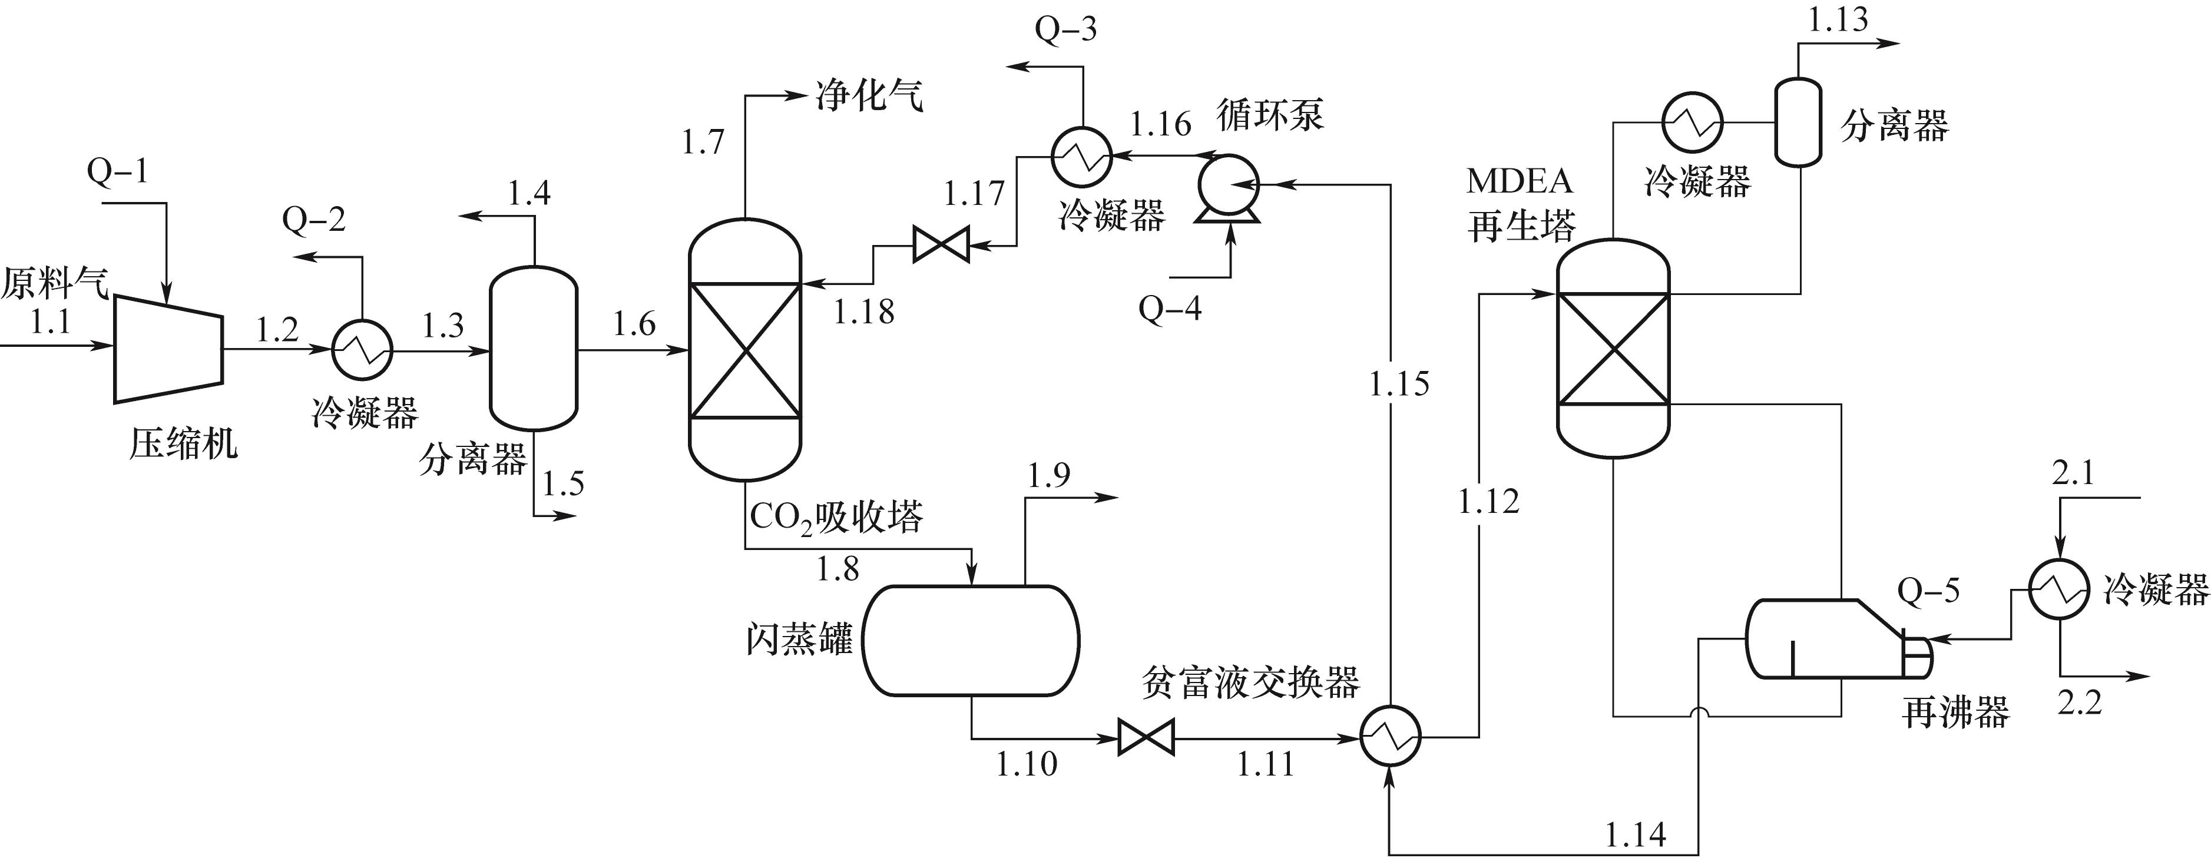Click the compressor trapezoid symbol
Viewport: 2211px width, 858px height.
[x=169, y=347]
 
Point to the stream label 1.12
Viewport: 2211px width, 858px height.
[x=1488, y=502]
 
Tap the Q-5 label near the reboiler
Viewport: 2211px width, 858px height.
[x=1929, y=591]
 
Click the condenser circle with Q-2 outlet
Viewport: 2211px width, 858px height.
[x=362, y=349]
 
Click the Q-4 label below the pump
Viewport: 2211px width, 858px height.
[x=1170, y=307]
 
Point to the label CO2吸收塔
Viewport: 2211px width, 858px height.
[x=836, y=518]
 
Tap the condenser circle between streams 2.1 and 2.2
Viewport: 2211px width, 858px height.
[x=2059, y=589]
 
